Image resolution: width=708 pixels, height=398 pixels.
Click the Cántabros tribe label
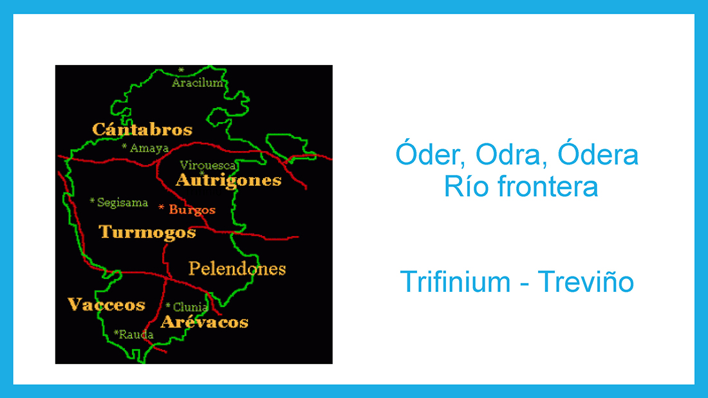[x=142, y=129]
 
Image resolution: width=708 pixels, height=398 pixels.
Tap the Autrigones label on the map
[x=228, y=181]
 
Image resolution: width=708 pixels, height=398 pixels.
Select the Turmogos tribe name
[x=147, y=233]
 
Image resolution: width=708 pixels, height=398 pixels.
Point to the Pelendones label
[x=237, y=269]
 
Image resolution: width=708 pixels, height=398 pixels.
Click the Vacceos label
[x=107, y=305]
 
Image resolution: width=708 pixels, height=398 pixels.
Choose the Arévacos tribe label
[x=205, y=321]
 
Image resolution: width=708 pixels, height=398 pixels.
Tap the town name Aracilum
[x=198, y=82]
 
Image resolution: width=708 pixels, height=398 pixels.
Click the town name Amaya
[x=149, y=148]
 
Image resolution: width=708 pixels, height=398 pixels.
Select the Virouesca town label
[x=208, y=165]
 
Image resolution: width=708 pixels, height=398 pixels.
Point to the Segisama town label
[x=122, y=203]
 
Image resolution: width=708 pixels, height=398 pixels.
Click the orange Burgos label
[x=192, y=210]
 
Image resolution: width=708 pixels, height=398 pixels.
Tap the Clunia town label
[x=190, y=307]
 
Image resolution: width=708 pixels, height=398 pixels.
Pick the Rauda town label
[x=136, y=334]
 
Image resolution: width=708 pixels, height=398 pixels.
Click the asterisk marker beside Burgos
[x=161, y=207]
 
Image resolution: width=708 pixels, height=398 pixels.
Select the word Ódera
[x=598, y=154]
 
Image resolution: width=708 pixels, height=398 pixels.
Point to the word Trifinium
[x=455, y=282]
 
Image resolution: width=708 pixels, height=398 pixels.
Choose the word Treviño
[x=586, y=282]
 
